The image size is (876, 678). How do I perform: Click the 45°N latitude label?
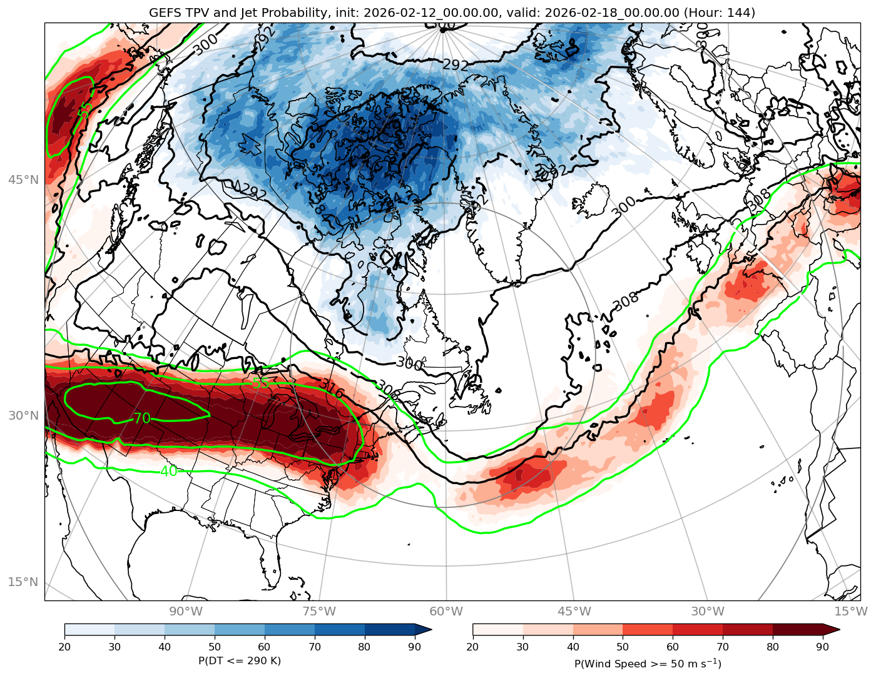coord(23,180)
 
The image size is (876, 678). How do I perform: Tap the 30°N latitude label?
coord(23,415)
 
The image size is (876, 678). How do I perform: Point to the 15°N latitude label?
coord(23,582)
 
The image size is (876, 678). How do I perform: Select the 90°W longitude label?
coord(186,611)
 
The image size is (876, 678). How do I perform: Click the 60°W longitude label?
coord(446,611)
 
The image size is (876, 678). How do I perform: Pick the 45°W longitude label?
coord(574,611)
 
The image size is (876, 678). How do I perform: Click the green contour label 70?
coord(142,418)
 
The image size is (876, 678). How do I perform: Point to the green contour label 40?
coord(168,471)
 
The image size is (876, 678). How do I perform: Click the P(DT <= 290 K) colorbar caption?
coord(240,661)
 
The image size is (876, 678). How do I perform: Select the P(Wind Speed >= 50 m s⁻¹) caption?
coord(648,663)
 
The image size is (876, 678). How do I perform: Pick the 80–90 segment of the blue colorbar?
coord(390,630)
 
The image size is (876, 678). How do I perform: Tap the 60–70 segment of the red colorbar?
coord(698,630)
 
